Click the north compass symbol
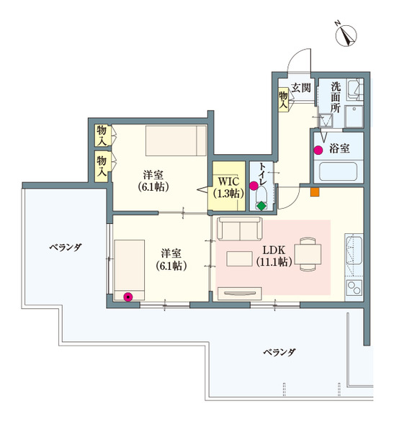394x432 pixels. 348,33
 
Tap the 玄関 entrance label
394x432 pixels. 301,89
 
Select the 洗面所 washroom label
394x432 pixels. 336,97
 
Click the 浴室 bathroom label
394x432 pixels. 340,149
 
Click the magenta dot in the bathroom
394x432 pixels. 318,150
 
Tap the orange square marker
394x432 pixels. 314,192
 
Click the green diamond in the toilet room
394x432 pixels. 261,206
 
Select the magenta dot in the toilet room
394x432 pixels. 254,186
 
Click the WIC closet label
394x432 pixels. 225,186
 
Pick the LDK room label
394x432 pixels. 273,256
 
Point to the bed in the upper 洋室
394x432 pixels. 176,140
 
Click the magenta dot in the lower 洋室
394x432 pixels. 128,295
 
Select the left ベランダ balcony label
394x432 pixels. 65,247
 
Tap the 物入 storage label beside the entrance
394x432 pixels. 284,99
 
